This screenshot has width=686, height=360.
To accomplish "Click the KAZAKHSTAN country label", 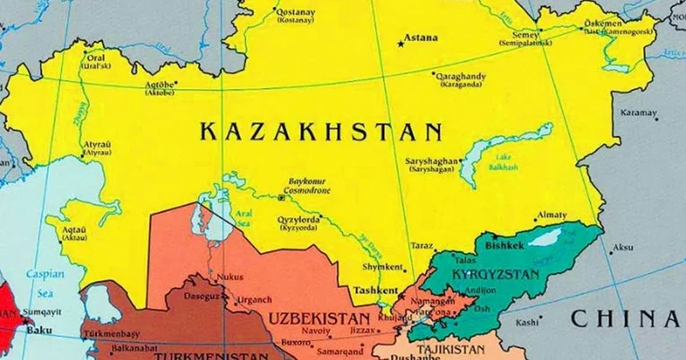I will (x=322, y=131).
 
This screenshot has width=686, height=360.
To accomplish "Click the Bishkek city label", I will (x=504, y=245).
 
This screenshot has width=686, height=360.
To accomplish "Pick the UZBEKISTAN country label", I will (x=322, y=318).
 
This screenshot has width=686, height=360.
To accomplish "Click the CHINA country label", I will (x=627, y=318).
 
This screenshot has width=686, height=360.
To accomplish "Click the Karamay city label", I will (x=638, y=112).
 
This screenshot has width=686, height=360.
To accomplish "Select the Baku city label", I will (x=35, y=327).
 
